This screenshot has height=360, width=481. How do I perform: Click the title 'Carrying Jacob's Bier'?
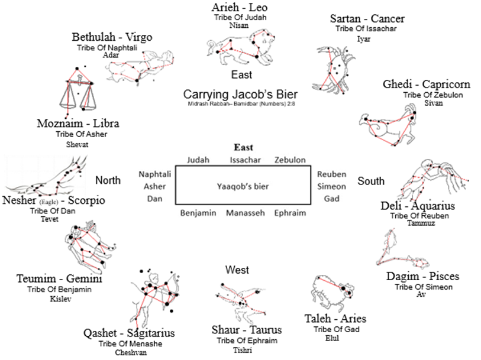240,95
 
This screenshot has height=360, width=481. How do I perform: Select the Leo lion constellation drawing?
240,47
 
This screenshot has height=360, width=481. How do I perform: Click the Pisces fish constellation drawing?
402,248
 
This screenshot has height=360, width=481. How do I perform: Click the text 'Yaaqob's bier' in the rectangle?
243,186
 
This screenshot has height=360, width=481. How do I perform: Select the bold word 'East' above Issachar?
244,147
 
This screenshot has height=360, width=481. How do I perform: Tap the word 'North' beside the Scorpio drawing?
108,180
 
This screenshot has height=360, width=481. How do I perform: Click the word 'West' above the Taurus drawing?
237,270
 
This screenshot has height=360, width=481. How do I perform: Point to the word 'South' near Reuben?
371,181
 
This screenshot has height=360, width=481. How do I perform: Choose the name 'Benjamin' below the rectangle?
198,213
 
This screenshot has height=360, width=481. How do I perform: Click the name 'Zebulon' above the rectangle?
290,160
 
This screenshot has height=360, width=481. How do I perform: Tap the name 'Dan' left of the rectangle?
154,199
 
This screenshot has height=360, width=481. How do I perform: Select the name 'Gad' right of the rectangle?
331,199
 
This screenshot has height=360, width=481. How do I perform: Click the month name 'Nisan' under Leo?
239,25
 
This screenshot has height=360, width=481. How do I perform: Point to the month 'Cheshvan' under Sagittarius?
131,353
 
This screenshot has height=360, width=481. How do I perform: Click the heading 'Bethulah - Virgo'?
112,37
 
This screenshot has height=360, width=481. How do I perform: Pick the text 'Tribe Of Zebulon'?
433,95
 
